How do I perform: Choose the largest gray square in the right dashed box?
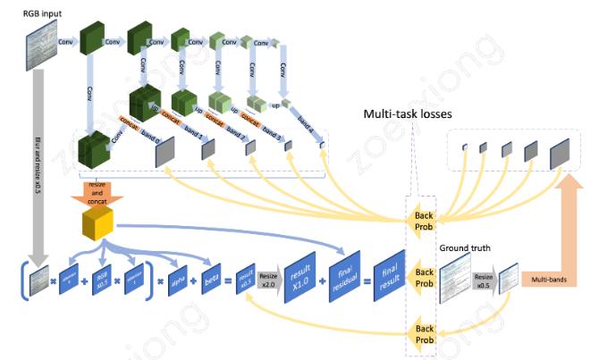pyautogui.click(x=559, y=156)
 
